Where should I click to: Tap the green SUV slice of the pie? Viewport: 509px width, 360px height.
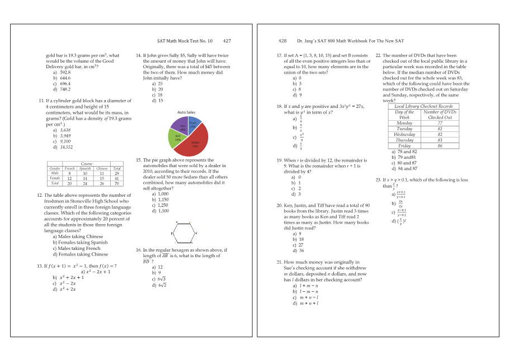[x=178, y=138]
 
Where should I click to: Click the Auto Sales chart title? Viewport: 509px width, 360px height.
[x=186, y=112]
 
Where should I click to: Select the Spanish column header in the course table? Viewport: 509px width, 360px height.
[x=85, y=168]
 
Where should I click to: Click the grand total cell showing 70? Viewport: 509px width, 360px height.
[x=117, y=183]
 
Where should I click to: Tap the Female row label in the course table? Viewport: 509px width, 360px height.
[x=55, y=178]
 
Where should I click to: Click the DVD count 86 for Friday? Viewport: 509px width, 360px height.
[x=440, y=146]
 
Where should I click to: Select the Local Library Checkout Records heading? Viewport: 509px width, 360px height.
[x=423, y=106]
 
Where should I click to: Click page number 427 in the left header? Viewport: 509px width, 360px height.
[x=227, y=41]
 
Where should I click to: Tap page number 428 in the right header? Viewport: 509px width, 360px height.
[x=282, y=41]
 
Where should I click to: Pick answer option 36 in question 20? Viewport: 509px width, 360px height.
[x=301, y=250]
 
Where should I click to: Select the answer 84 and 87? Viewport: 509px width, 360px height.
[x=407, y=168]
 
